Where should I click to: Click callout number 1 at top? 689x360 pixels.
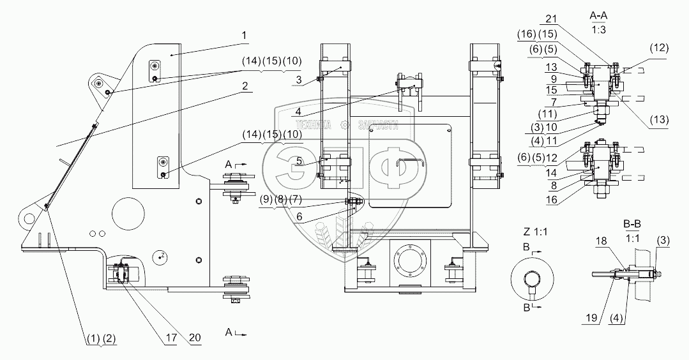tap(244, 36)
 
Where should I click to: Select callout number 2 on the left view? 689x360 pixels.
tap(245, 86)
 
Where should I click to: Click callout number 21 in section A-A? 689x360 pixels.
tap(552, 19)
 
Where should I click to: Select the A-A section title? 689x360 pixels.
tap(599, 15)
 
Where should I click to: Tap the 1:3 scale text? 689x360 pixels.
tap(599, 31)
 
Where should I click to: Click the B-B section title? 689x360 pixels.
tap(632, 224)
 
